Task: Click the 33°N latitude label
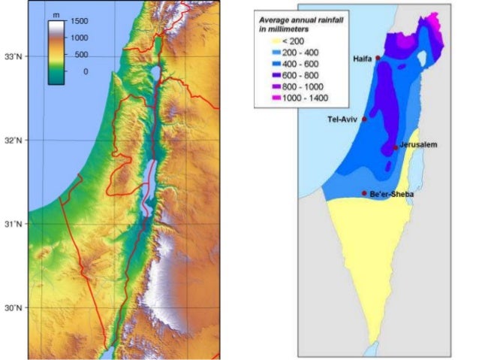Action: (x=14, y=56)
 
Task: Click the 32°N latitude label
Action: (x=14, y=140)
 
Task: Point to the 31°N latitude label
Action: (x=14, y=224)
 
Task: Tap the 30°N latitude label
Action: (x=14, y=308)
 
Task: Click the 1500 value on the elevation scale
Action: (x=80, y=22)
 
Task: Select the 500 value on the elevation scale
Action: (x=77, y=55)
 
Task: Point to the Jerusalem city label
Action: (x=418, y=144)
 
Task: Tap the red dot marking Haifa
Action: (x=378, y=57)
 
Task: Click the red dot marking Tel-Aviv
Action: (x=364, y=119)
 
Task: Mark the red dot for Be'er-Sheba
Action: (x=364, y=193)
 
